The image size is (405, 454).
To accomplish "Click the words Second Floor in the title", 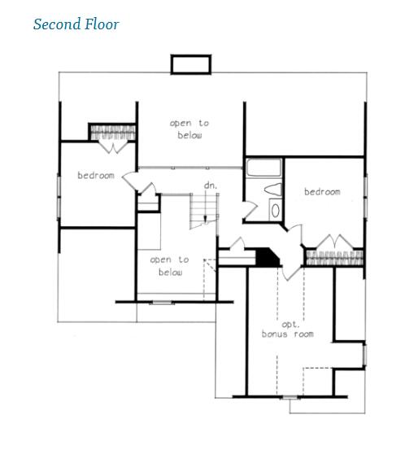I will point(76,24).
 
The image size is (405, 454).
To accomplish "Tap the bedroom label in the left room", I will point(96,175).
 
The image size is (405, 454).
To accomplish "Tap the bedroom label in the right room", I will point(322,192).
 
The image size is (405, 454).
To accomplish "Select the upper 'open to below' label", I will point(189,129).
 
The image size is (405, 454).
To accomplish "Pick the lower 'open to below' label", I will point(169,266).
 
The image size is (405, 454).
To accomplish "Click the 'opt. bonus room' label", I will point(287,329).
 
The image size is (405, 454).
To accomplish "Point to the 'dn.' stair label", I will point(209,186).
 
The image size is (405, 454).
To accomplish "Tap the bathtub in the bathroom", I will point(263,170).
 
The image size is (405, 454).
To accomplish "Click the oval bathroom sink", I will point(275,210).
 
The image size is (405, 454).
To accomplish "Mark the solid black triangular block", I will point(268,256).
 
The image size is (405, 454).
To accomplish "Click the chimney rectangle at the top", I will point(190,63).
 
